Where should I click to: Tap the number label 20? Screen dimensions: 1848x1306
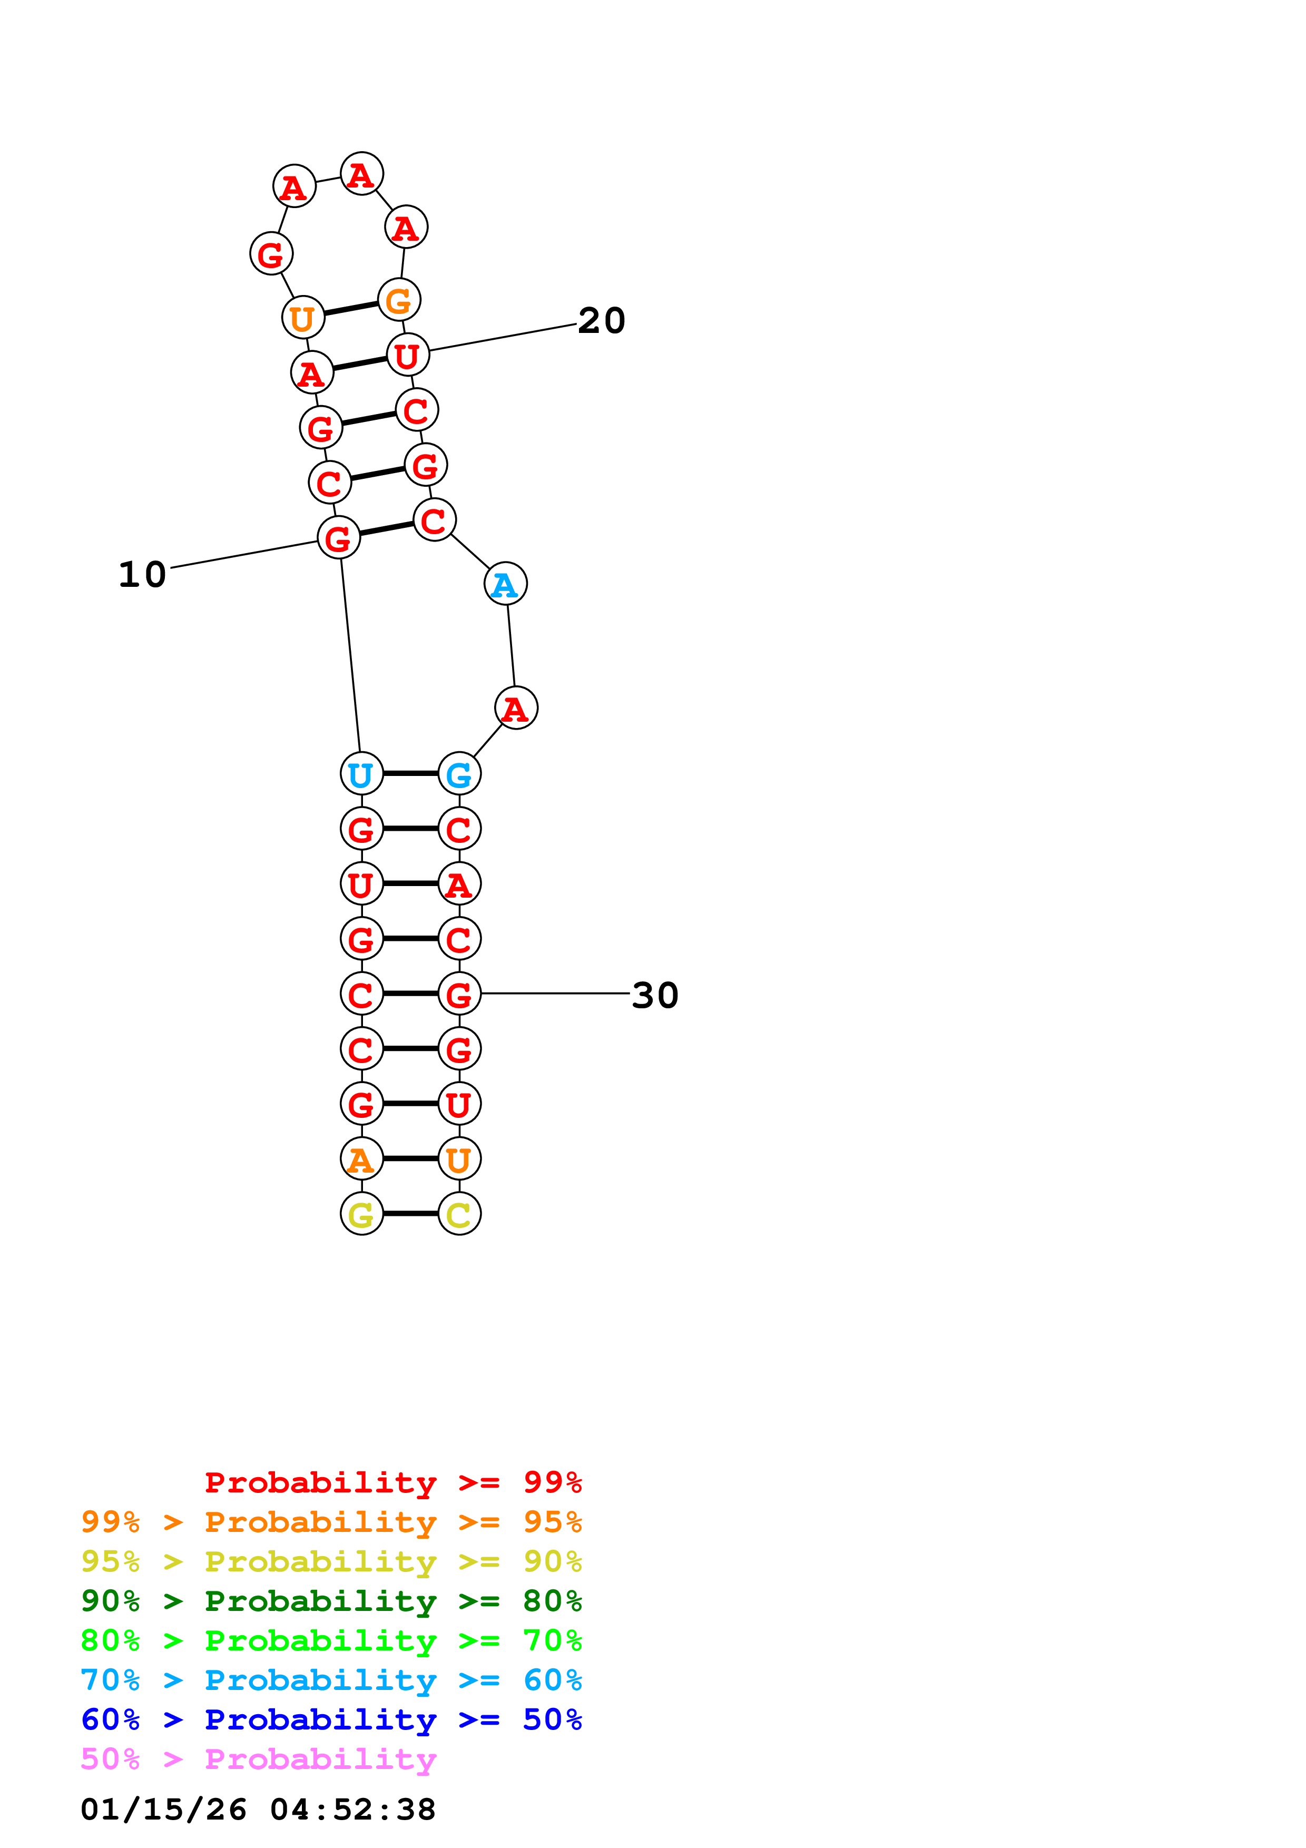(x=601, y=320)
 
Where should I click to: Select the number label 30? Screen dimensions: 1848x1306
(x=655, y=995)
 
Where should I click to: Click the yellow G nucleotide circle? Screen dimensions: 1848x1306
(x=361, y=1214)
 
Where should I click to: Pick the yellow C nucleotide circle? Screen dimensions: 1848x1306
(x=459, y=1214)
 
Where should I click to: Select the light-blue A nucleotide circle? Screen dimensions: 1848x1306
(x=505, y=584)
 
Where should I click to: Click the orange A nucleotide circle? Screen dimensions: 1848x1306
(x=361, y=1159)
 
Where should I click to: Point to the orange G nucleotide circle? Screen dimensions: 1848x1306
(x=399, y=300)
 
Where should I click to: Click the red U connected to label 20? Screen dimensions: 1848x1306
(x=408, y=355)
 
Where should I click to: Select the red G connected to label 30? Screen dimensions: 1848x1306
(x=459, y=994)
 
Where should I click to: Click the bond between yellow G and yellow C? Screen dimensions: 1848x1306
(x=410, y=1214)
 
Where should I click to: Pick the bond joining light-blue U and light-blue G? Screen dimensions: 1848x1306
(x=410, y=773)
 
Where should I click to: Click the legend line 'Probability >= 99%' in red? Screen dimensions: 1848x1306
(x=392, y=1482)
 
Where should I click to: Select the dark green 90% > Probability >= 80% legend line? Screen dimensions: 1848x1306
(x=331, y=1601)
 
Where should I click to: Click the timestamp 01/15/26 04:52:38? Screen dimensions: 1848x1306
(x=258, y=1810)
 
